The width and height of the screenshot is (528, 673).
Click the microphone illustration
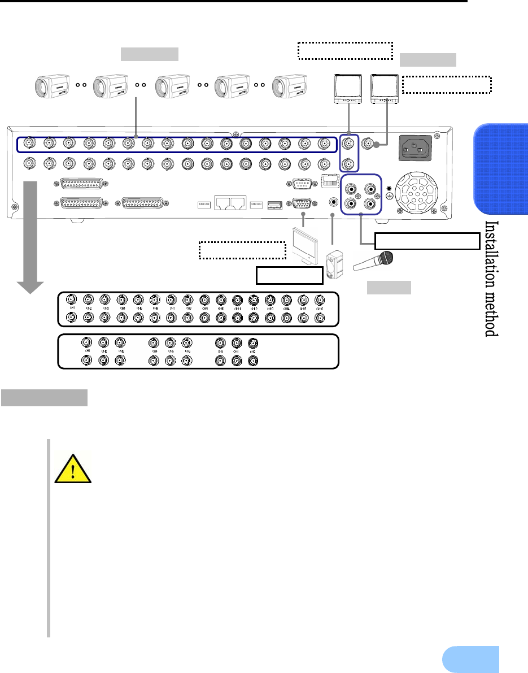tap(373, 263)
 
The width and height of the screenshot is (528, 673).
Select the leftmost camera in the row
tap(51, 86)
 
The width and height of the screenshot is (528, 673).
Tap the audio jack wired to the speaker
tap(333, 201)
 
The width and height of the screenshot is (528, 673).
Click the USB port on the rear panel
tap(274, 203)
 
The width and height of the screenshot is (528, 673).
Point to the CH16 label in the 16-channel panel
tap(320, 309)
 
